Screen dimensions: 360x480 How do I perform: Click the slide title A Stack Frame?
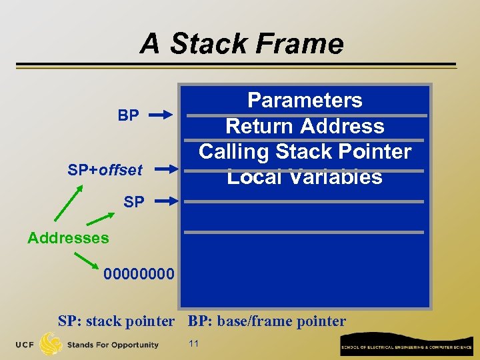[241, 44]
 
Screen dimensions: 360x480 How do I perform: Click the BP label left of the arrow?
[129, 115]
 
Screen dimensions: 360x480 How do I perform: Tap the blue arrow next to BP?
[161, 115]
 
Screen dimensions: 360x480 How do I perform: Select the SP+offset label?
[105, 170]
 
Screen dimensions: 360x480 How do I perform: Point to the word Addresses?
[68, 237]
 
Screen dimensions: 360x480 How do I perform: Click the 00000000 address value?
[139, 274]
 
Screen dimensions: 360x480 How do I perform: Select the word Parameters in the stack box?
[305, 100]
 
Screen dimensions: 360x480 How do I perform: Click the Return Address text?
[305, 126]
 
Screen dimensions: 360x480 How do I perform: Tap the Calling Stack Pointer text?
[305, 151]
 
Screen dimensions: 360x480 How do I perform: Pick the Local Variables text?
[305, 177]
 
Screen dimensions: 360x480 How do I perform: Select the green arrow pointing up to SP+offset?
[69, 203]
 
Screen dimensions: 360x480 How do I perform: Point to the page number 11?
[194, 344]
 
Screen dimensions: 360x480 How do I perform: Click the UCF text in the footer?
[25, 345]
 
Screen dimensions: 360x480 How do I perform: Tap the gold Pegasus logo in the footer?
[51, 344]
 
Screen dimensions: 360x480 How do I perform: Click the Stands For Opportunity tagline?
[113, 345]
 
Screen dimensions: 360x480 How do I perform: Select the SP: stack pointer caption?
[116, 321]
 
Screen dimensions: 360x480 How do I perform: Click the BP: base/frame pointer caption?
[267, 321]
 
